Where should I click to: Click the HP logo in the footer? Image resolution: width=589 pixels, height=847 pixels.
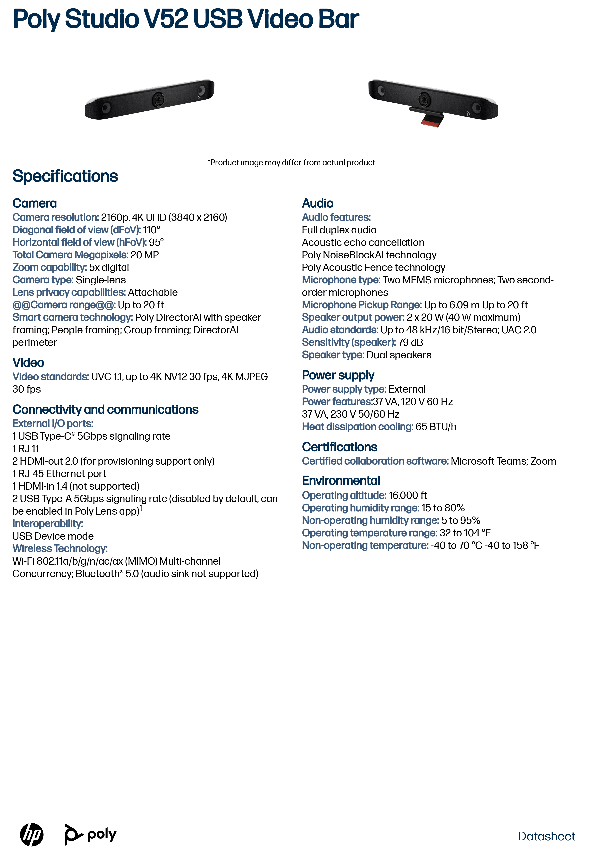[x=32, y=834]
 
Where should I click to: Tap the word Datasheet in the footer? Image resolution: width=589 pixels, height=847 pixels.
[x=546, y=836]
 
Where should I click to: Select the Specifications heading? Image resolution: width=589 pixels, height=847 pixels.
[x=65, y=176]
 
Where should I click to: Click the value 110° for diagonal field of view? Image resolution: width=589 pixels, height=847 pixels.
[x=152, y=230]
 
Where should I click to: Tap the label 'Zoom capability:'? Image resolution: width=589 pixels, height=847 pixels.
[x=50, y=267]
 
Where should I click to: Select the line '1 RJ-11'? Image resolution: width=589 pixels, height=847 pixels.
[x=26, y=449]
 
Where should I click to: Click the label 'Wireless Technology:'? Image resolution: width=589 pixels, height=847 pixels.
[x=60, y=549]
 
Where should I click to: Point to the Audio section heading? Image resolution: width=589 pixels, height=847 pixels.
[x=317, y=203]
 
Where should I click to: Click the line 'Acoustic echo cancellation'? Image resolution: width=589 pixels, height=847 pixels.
[x=363, y=242]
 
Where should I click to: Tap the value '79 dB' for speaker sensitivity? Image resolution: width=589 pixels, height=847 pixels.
[x=410, y=342]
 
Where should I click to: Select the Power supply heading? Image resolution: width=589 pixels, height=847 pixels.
[x=338, y=375]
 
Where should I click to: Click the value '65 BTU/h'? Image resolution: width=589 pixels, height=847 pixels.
[x=436, y=427]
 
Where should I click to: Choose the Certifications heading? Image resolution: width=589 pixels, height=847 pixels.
[x=339, y=447]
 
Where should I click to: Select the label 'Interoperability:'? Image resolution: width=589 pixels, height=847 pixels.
[x=48, y=524]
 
